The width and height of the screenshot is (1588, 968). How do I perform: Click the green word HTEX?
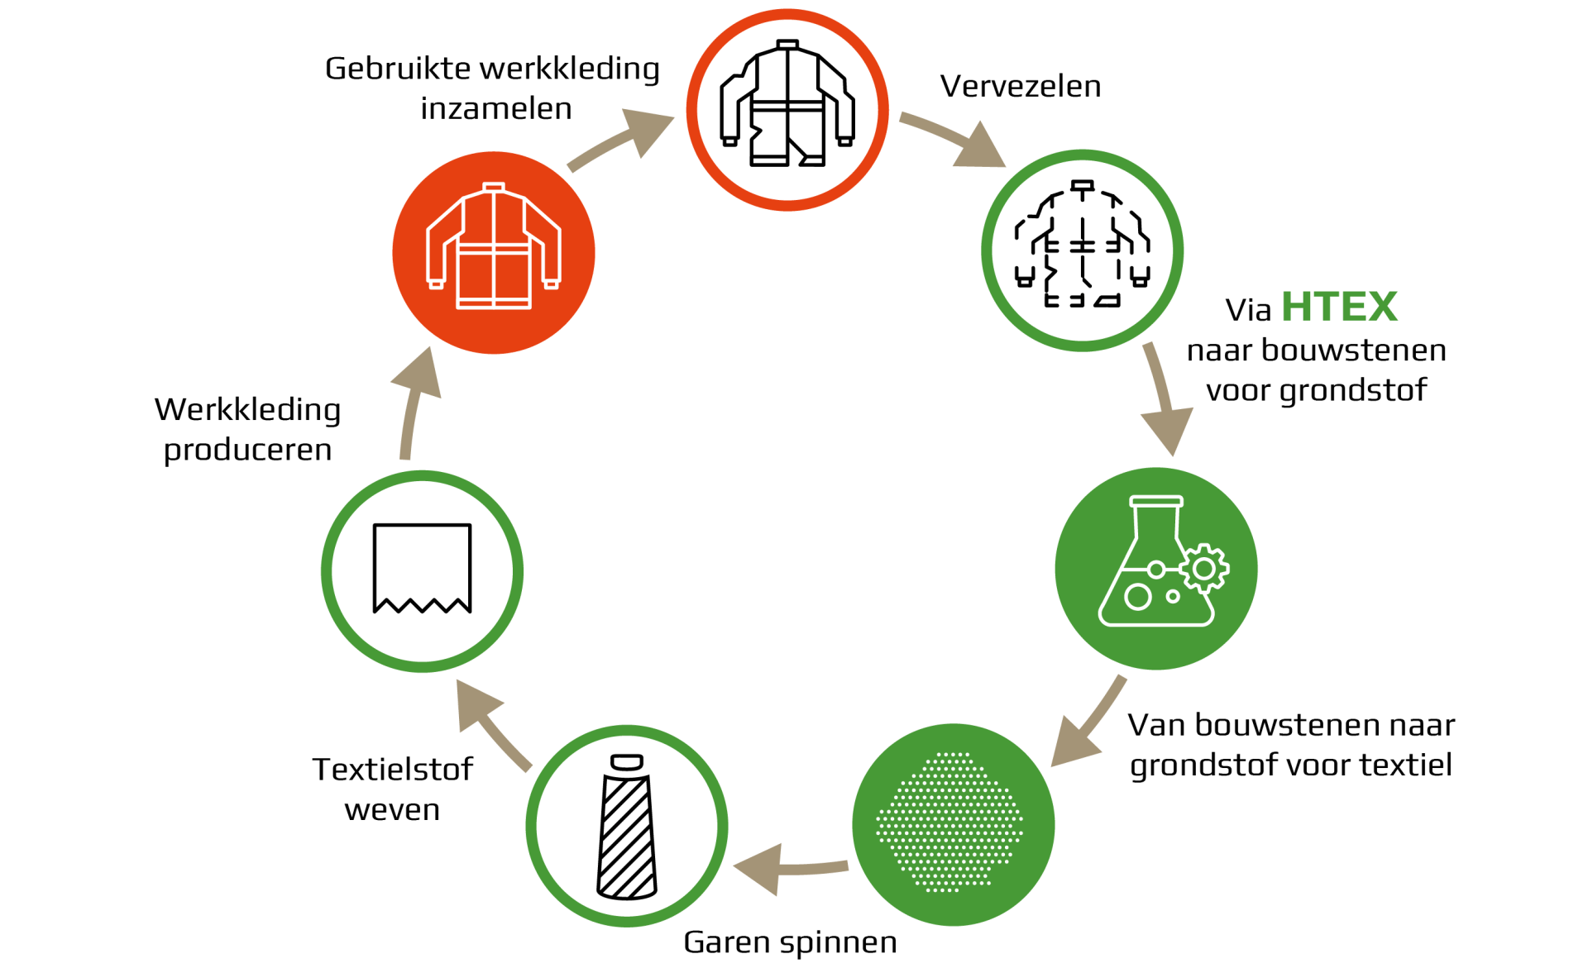tap(1339, 307)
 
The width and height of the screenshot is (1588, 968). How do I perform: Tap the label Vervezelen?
tap(1021, 86)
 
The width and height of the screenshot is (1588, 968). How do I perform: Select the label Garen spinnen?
tap(790, 942)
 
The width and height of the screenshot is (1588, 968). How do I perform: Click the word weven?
tap(392, 810)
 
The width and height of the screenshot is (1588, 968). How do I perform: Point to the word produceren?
tap(247, 451)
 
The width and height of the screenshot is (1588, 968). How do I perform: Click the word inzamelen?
tap(496, 108)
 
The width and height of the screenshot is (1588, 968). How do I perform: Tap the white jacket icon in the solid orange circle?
tap(494, 246)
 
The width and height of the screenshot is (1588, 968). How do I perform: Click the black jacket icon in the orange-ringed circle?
tap(787, 103)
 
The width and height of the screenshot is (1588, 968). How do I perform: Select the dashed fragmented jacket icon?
tap(1082, 244)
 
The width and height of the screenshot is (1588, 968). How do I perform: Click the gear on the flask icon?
tap(1204, 568)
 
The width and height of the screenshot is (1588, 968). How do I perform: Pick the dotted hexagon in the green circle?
tap(949, 822)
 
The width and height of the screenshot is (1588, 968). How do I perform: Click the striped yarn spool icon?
tap(627, 826)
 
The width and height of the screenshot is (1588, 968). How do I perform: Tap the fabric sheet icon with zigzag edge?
tap(422, 569)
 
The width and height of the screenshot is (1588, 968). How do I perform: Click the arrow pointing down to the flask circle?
tap(1165, 397)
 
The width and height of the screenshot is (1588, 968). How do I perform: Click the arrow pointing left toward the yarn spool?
tap(790, 869)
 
